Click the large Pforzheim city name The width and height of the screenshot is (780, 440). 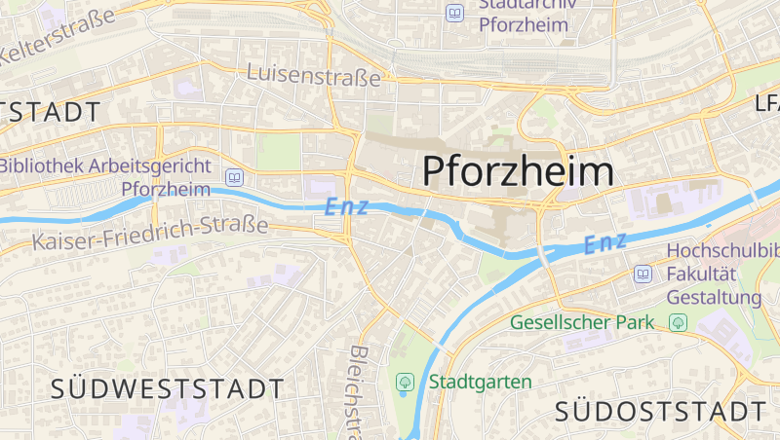519,171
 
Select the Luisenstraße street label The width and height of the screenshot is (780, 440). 313,74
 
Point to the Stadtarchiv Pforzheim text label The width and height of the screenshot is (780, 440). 524,15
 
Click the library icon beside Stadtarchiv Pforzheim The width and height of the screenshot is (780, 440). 454,13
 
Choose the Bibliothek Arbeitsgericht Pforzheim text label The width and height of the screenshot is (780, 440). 104,176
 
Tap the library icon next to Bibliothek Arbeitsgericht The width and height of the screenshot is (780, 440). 234,177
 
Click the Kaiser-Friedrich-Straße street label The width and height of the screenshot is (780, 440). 149,235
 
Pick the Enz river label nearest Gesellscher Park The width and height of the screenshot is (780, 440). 604,243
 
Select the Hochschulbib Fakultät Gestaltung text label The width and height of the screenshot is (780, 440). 721,274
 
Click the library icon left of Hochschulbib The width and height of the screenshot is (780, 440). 643,274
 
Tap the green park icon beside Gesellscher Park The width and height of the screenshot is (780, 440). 679,321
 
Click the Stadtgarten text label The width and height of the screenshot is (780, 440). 480,382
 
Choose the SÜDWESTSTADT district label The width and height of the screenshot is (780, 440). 167,389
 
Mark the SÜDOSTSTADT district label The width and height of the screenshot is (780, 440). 660,411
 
